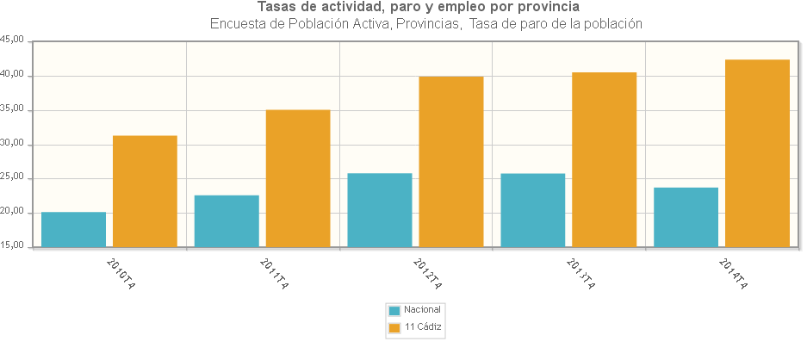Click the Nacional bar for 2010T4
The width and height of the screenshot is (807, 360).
pos(74,230)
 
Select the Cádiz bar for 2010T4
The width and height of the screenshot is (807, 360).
pos(145,191)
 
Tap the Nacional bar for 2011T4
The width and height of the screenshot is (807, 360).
pos(227,221)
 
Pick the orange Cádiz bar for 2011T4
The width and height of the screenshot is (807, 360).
pos(298,178)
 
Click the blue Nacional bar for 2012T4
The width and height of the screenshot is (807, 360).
pos(380,210)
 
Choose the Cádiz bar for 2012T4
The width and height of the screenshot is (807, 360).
pos(451,162)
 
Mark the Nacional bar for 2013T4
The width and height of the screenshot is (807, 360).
pos(533,210)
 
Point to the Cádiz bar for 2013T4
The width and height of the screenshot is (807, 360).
pos(605,160)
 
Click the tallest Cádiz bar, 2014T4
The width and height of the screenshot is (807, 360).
pos(758,153)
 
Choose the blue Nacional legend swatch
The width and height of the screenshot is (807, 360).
pos(394,310)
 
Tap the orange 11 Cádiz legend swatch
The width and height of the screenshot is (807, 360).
pos(394,328)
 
